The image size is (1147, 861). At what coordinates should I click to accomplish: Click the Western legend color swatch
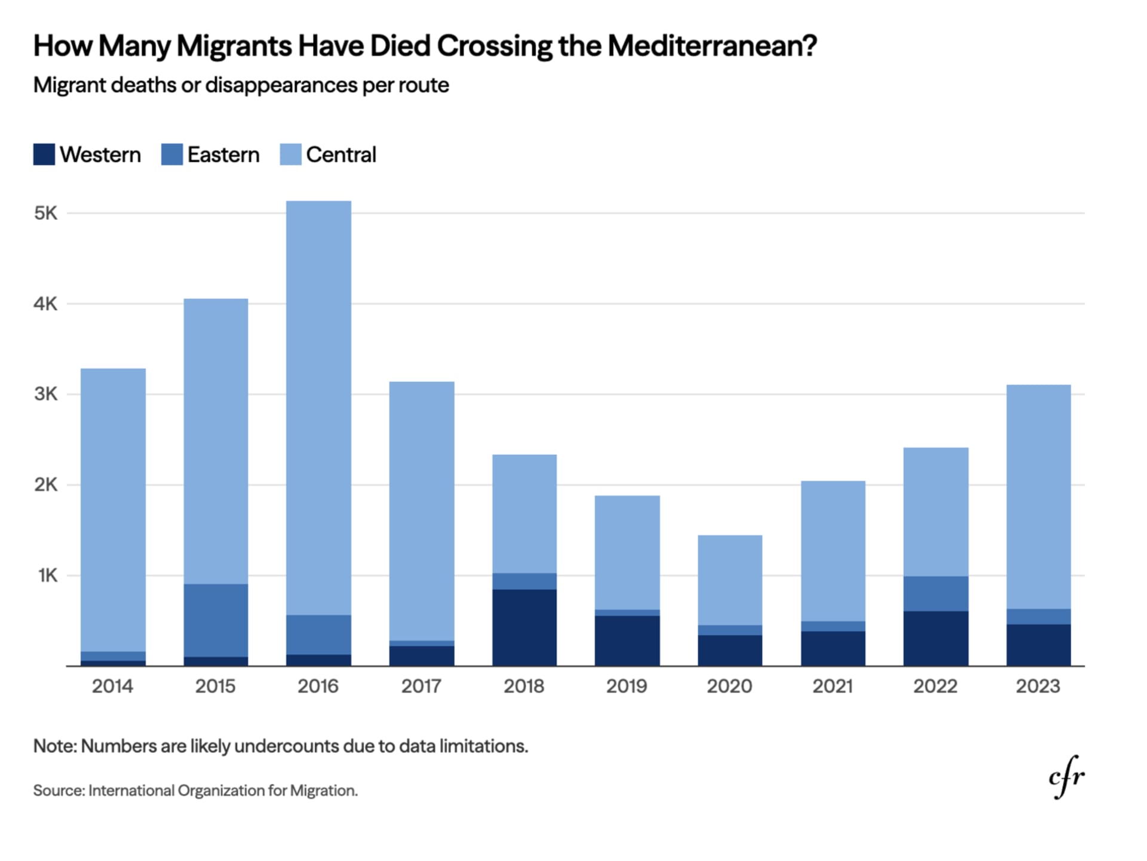tap(44, 154)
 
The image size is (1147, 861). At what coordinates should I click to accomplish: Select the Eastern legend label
tap(223, 155)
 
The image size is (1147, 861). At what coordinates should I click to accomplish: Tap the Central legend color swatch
tap(290, 154)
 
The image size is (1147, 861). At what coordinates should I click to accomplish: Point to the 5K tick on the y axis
tap(46, 213)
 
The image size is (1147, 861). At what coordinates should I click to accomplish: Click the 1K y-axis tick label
tap(48, 575)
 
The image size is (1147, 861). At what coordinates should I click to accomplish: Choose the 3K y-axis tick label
tap(46, 394)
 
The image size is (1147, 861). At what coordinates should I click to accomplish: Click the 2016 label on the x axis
tap(318, 686)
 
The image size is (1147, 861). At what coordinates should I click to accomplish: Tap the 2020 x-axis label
tap(729, 686)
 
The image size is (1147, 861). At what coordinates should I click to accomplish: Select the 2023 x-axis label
tap(1038, 686)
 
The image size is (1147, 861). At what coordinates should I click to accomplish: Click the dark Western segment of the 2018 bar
tap(524, 627)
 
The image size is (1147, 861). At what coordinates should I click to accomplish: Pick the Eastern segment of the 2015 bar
tap(216, 620)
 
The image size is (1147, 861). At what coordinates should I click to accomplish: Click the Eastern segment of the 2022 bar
tap(936, 593)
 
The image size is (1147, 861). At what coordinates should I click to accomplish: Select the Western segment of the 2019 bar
tap(627, 641)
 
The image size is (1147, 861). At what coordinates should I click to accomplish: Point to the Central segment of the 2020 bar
tap(729, 580)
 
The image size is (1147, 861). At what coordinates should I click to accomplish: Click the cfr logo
tap(1066, 776)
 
